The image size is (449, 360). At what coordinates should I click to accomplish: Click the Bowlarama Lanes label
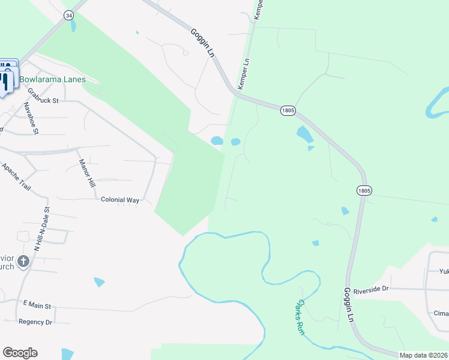pos(52,79)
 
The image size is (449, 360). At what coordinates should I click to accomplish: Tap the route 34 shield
pos(69,15)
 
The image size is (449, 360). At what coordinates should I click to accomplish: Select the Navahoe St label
pos(31,117)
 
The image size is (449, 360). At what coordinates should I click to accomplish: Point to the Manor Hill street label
pos(87,172)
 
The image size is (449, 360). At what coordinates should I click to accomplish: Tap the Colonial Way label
pos(119,200)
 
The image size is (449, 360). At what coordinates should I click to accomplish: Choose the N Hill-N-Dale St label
pos(41,228)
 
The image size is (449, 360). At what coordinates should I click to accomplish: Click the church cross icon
pos(23,261)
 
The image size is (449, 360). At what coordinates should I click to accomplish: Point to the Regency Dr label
pos(35,322)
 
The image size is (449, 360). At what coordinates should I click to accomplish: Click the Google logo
pos(20,353)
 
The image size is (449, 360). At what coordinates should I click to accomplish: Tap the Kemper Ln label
pos(246,71)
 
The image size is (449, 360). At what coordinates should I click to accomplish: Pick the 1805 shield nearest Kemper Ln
pos(288,110)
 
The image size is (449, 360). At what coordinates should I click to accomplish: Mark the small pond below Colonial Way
pos(99,281)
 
